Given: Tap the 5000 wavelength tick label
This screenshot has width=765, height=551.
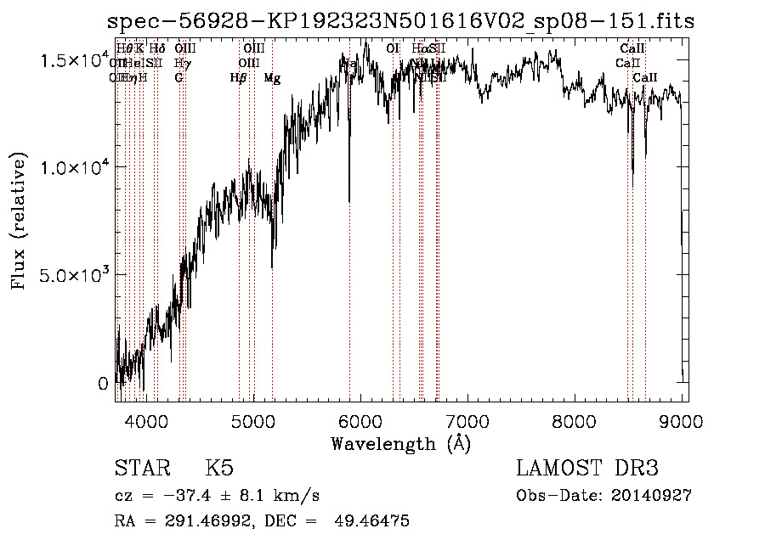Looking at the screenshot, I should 253,420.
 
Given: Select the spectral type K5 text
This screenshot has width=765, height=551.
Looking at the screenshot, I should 219,469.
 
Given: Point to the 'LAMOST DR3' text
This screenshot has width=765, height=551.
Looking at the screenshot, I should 587,469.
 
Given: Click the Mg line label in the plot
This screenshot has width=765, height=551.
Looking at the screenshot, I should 272,78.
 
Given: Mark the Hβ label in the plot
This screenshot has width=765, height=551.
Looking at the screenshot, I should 239,78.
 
